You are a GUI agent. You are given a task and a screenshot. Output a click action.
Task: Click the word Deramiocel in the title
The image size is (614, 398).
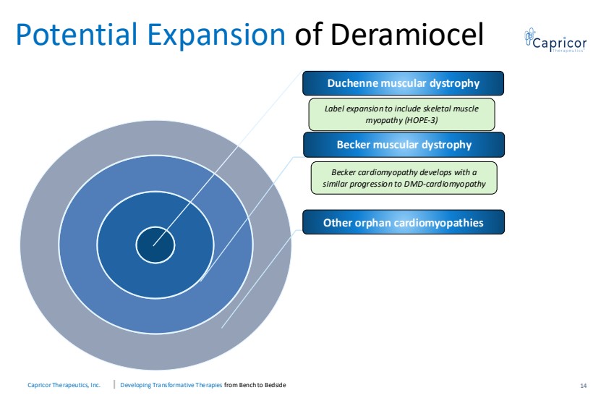tap(407, 35)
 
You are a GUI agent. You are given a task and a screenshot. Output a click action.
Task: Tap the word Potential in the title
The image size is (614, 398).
tap(77, 35)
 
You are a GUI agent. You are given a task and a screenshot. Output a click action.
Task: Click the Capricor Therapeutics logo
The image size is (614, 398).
tap(555, 41)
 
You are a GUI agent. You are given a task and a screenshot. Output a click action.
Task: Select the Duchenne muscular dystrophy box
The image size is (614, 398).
tap(403, 83)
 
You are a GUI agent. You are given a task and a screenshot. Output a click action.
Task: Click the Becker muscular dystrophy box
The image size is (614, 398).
tap(404, 145)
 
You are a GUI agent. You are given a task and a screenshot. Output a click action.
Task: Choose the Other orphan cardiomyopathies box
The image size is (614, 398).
tap(404, 222)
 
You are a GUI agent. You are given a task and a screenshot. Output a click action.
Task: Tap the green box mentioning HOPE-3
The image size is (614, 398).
tap(402, 114)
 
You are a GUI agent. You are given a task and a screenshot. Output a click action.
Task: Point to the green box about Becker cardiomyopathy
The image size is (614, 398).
tap(404, 178)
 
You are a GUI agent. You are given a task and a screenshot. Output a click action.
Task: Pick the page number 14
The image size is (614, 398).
tap(583, 386)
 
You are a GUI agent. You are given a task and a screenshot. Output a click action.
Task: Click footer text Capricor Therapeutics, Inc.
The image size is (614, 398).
tap(64, 385)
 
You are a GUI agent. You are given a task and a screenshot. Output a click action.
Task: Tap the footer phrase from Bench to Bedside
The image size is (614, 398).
tap(255, 385)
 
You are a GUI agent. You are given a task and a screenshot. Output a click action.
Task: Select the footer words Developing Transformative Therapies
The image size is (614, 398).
tap(171, 385)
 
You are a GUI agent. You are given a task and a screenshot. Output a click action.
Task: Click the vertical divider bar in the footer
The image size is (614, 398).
tap(114, 384)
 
